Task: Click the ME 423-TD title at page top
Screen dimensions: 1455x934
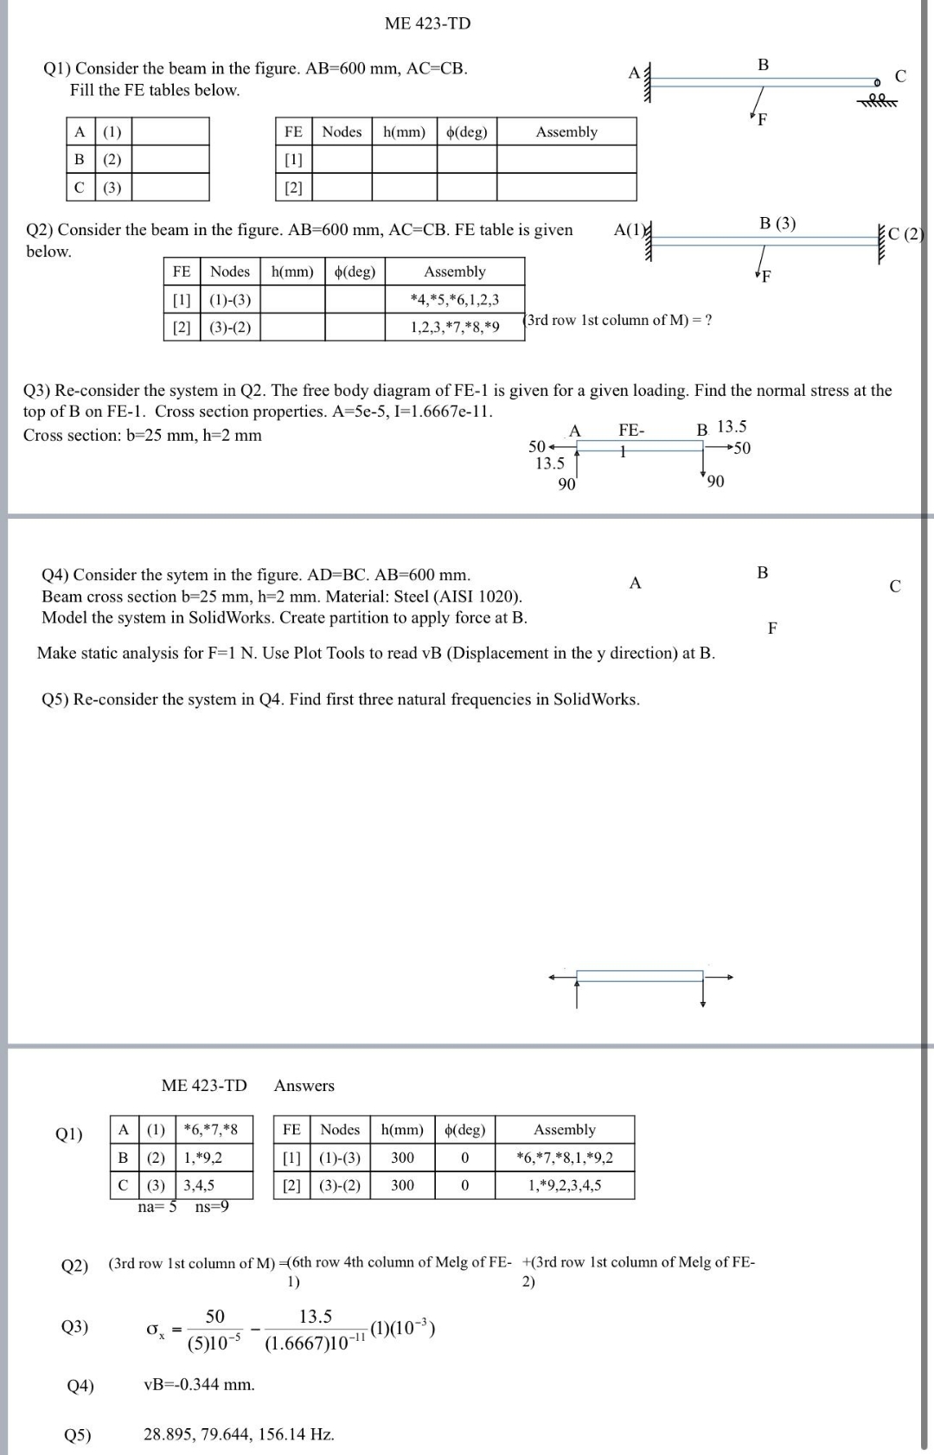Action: click(427, 23)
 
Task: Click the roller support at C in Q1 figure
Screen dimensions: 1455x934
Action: click(877, 96)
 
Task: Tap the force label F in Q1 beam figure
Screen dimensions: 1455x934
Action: click(762, 119)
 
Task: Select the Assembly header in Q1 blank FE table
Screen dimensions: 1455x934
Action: click(566, 131)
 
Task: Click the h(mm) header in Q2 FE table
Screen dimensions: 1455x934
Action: click(292, 271)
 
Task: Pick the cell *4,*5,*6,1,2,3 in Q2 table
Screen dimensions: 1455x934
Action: click(455, 299)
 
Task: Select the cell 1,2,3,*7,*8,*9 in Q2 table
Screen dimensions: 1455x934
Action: click(455, 327)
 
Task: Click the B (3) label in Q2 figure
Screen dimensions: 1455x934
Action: click(777, 223)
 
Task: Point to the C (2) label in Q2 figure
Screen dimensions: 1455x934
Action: click(906, 233)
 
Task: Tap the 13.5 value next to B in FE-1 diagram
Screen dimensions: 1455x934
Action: click(732, 426)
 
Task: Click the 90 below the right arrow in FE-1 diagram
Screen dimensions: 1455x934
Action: click(715, 481)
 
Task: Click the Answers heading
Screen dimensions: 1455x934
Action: click(304, 1086)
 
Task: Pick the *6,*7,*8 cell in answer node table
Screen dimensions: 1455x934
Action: click(211, 1129)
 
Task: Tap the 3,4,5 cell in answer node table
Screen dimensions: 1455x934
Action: click(199, 1185)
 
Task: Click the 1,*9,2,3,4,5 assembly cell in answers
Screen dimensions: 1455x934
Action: click(565, 1185)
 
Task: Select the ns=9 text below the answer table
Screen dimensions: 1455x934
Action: click(212, 1206)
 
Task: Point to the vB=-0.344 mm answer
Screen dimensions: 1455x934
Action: click(199, 1385)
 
